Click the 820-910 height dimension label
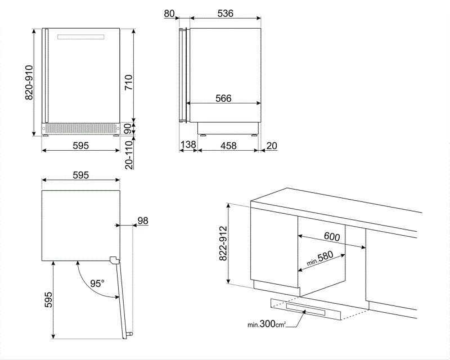[29, 82]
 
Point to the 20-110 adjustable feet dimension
[128, 155]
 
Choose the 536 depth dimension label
[226, 13]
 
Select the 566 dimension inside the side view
[223, 98]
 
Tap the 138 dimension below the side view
[188, 146]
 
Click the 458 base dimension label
[228, 146]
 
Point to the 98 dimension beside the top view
[143, 220]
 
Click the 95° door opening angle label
[97, 283]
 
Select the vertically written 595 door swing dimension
[48, 299]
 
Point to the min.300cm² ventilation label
[267, 325]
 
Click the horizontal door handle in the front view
[82, 38]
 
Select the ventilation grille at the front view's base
[81, 129]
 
